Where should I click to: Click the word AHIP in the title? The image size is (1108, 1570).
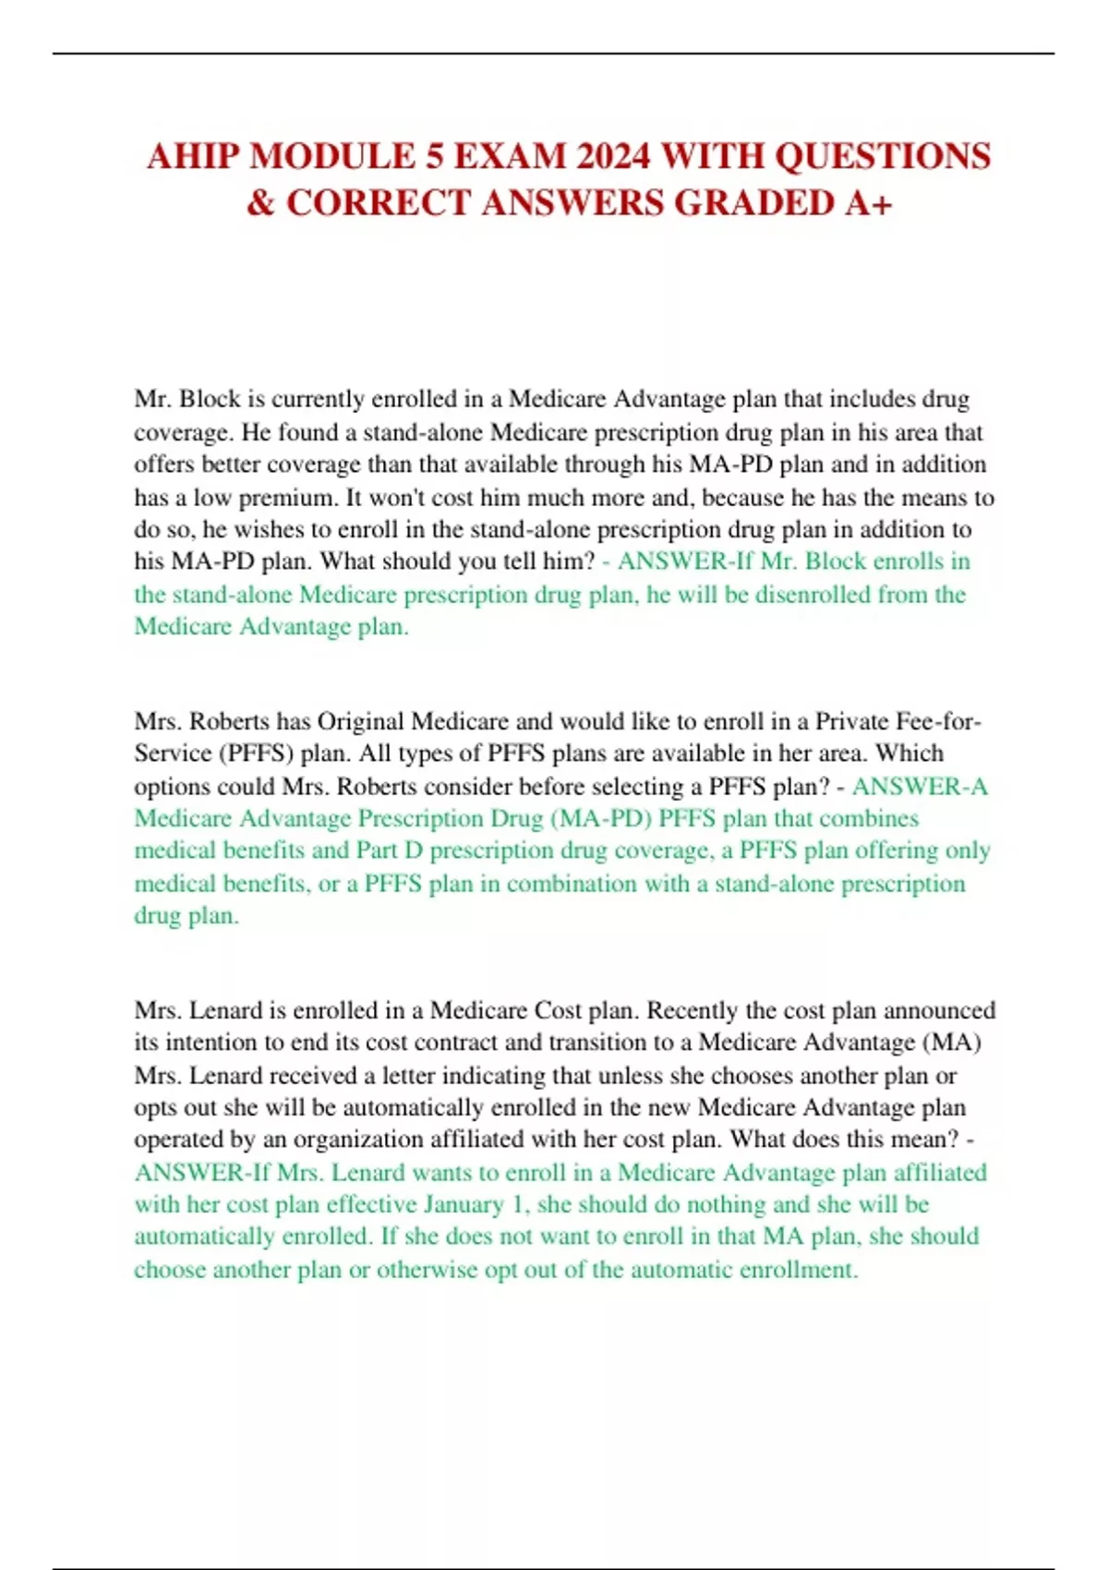pos(192,156)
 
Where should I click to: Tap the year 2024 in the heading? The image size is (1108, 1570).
pos(610,156)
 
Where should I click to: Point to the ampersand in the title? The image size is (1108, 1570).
pos(260,203)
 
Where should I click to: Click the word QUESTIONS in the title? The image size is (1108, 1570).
pos(882,156)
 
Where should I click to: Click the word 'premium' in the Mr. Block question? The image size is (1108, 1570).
pos(286,498)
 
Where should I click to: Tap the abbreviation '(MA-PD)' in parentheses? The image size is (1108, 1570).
pos(601,818)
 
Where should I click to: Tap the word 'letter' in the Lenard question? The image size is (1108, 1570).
pos(404,1076)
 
